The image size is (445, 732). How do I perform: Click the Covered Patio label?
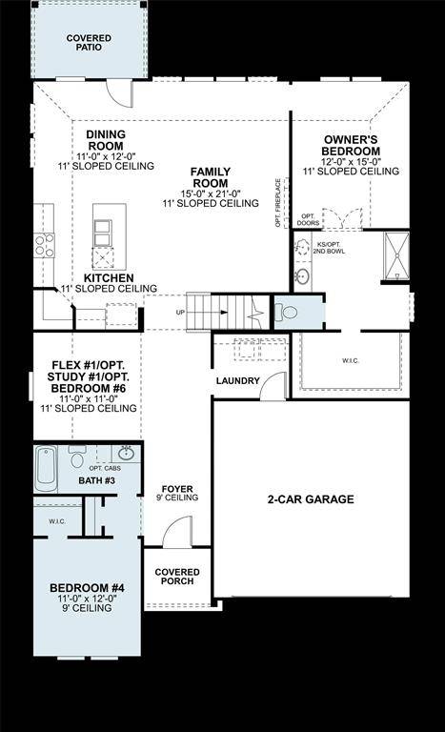[x=89, y=44]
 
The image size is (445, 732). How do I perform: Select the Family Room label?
[x=210, y=176]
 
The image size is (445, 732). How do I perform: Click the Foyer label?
[x=177, y=492]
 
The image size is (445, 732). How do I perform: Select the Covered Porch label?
[x=176, y=576]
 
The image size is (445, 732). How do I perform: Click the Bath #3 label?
[x=96, y=480]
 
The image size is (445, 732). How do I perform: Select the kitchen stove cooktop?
[x=44, y=245]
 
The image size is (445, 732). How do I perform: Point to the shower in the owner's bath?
[x=395, y=255]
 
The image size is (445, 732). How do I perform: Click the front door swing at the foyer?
[x=177, y=534]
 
